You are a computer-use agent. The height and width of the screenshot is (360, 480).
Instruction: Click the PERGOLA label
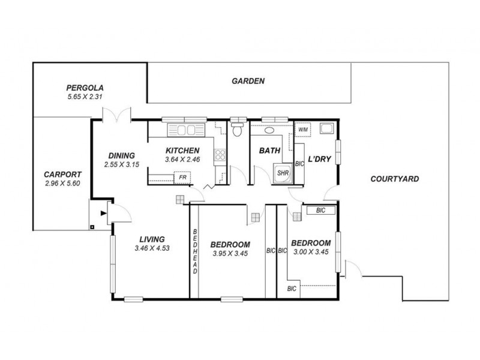click(83, 88)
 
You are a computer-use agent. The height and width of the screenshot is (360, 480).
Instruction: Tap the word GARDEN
click(248, 81)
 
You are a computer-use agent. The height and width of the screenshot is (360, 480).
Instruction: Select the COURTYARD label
click(394, 179)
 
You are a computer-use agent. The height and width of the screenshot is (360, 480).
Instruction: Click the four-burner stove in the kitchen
click(220, 155)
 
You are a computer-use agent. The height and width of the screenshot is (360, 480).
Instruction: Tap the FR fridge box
click(182, 178)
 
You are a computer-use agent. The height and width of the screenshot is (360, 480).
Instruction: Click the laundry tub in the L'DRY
click(326, 128)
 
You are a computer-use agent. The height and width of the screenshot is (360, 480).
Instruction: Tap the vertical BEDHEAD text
click(195, 251)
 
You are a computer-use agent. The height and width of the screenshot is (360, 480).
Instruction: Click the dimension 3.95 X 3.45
click(230, 253)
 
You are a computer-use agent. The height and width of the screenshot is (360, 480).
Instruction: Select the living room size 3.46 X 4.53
click(153, 248)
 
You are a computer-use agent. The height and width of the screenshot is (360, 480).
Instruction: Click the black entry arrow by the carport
click(103, 212)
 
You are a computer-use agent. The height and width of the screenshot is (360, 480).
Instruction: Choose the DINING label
click(121, 155)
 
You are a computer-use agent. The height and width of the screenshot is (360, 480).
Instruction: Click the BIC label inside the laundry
click(298, 163)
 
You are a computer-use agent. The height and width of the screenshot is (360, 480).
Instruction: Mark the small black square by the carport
click(91, 227)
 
